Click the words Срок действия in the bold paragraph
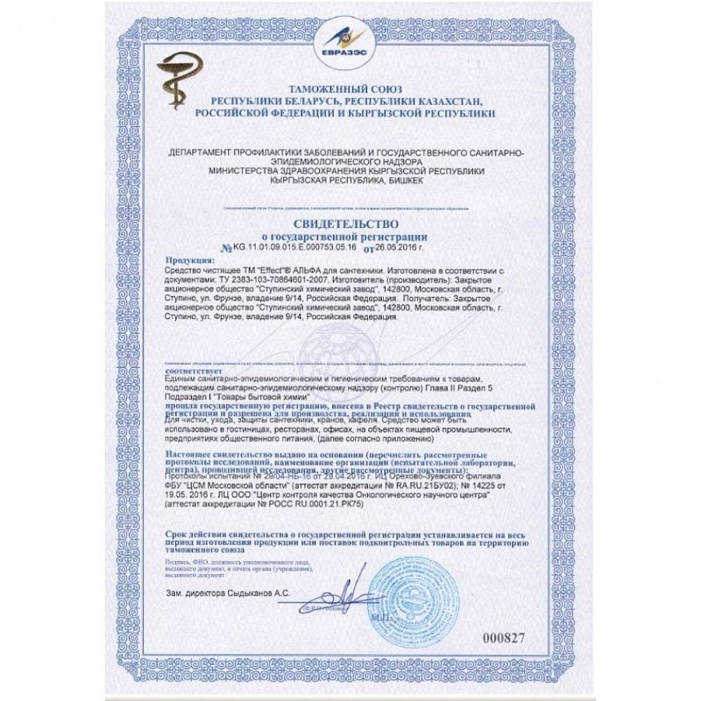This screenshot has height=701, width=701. point(201,533)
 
